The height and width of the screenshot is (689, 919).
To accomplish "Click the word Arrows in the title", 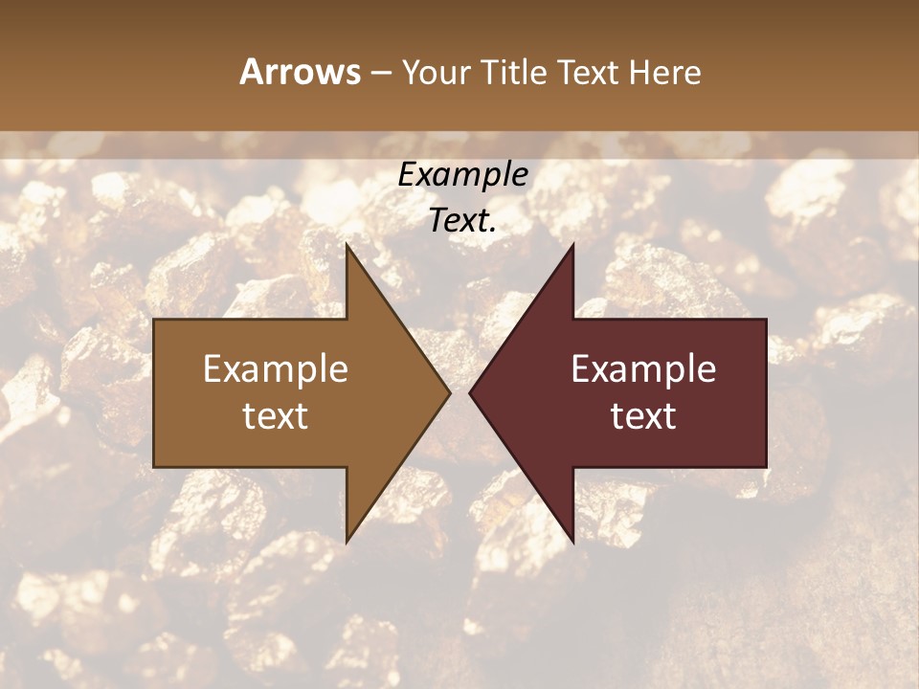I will (x=299, y=72).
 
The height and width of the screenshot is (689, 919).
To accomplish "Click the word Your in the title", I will (x=436, y=72).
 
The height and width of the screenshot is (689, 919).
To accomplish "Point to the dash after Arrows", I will (x=379, y=73).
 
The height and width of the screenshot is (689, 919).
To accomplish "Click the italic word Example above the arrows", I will (x=463, y=175).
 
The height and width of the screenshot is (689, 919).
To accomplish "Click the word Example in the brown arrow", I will (x=276, y=369).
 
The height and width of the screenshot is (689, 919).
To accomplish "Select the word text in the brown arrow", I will (x=276, y=415).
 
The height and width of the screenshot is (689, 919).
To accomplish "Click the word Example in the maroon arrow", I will (x=643, y=369).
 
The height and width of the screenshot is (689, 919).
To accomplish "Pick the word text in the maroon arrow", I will (x=643, y=415).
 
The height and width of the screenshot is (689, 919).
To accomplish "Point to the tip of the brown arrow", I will (x=450, y=392).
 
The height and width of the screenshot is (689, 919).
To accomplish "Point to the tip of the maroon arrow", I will (x=469, y=392).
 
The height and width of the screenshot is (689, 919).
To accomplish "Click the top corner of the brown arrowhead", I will (x=347, y=244).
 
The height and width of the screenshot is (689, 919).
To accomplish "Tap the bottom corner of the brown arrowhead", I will (x=347, y=542).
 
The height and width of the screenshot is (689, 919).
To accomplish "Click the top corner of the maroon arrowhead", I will (x=572, y=244).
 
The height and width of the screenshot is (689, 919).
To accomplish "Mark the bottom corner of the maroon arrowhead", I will (x=572, y=542).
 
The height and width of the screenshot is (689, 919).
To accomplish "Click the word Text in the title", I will (x=589, y=72).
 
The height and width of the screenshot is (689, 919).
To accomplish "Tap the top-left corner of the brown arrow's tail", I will (x=154, y=320).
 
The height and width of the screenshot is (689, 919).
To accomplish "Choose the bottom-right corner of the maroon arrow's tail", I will (x=766, y=467).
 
